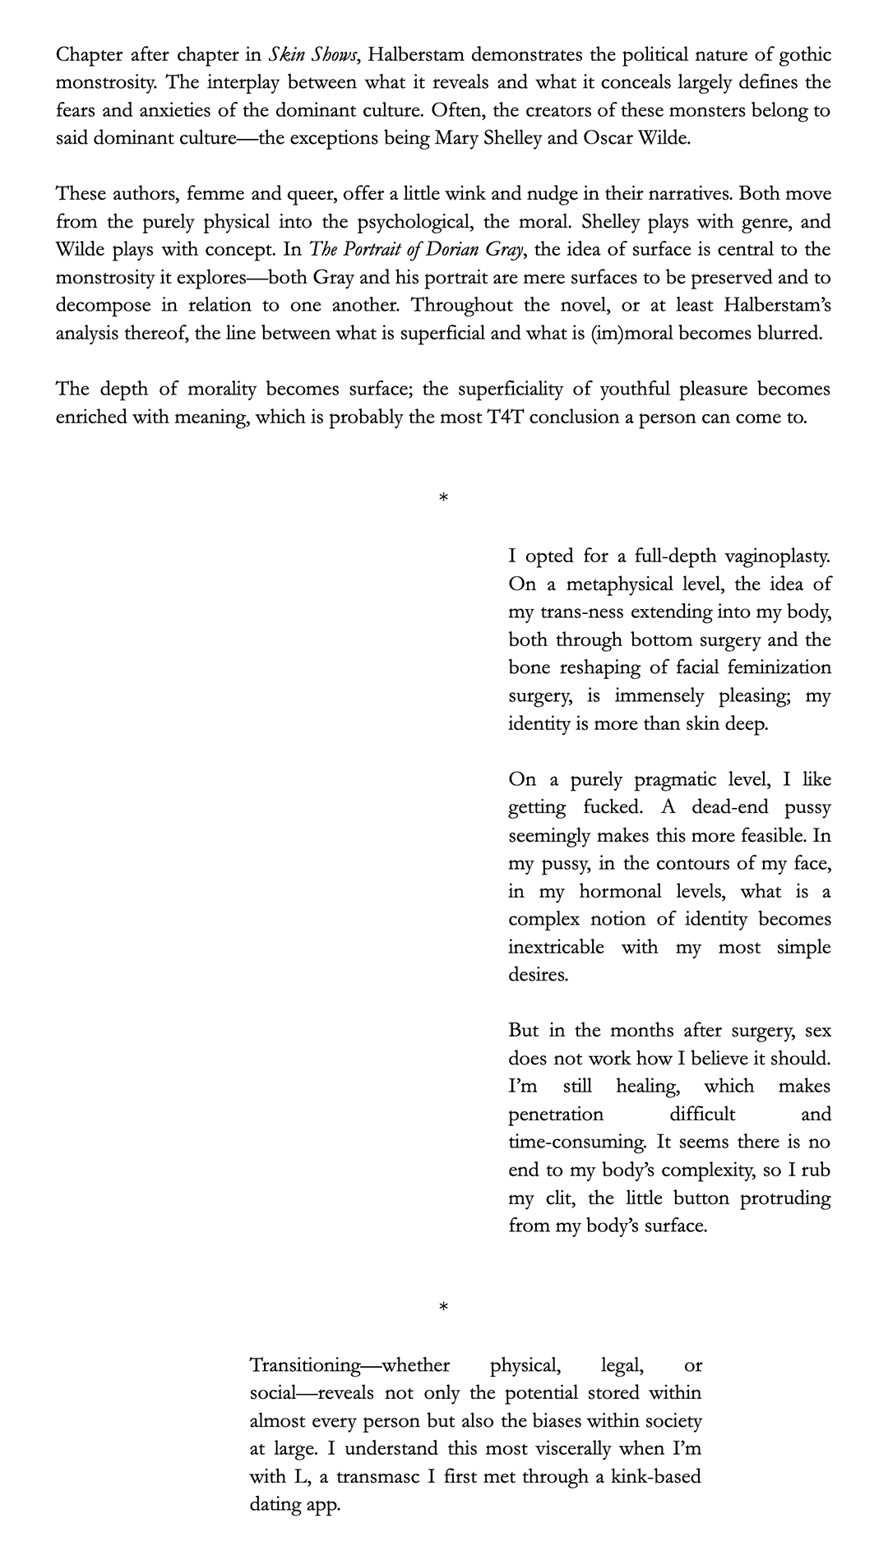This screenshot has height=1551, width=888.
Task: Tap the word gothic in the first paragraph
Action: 803,55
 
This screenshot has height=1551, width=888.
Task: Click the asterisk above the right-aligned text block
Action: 444,498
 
